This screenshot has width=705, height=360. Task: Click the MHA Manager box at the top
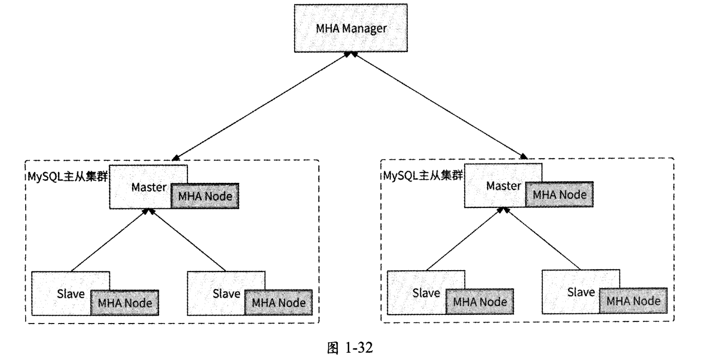(351, 28)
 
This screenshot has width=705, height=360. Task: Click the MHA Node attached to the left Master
(205, 196)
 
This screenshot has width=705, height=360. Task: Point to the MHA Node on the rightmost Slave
(634, 301)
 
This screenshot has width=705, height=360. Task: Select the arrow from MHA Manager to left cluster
(262, 105)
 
